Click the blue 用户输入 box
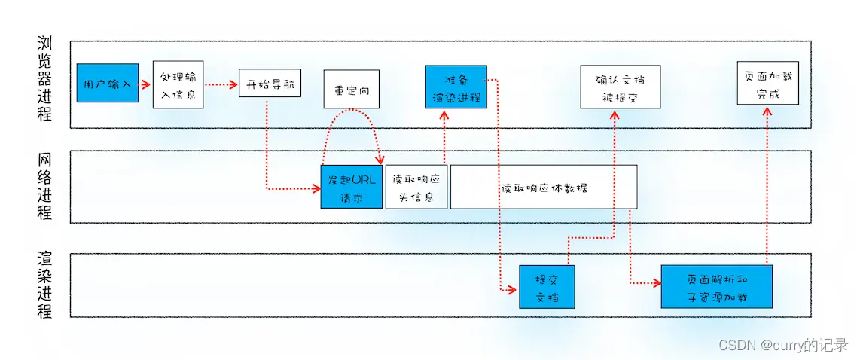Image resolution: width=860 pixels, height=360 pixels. coord(107,83)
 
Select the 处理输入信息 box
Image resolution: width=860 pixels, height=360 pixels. coord(178,85)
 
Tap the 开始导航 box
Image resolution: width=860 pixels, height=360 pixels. coord(270,83)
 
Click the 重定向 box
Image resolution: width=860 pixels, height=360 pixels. coord(352,89)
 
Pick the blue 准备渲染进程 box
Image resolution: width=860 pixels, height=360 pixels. coord(456,87)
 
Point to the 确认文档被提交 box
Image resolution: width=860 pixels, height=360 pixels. coord(620,87)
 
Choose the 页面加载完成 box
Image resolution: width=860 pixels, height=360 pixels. coord(767,84)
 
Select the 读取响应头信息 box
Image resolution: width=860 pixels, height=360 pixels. coord(416,187)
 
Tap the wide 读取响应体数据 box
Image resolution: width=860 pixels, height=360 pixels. coord(544,187)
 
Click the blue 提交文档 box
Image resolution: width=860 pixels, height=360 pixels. coord(547,286)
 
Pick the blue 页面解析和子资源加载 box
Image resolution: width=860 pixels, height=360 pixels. coord(716,286)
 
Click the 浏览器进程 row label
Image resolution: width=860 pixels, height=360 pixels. coord(45,79)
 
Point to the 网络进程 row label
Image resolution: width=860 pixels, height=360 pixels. coord(45,186)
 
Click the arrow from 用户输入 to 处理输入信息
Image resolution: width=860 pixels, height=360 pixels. coord(145,83)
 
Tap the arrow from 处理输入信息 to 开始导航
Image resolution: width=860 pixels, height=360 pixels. coord(221,84)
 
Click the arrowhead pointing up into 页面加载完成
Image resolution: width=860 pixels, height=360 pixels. coord(767,110)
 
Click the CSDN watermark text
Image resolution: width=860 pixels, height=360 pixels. coord(782,345)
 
